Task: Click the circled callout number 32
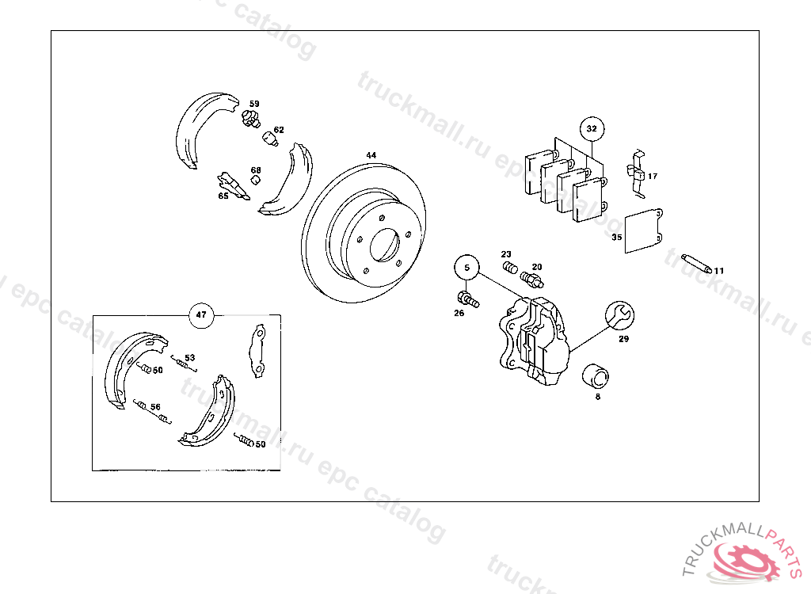[x=592, y=129]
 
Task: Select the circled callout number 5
[x=467, y=268]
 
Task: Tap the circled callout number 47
[x=201, y=314]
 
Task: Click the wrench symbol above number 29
[x=619, y=315]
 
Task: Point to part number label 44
[x=371, y=154]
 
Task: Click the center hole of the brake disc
[x=385, y=245]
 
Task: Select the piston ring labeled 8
[x=596, y=377]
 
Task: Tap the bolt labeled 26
[x=468, y=299]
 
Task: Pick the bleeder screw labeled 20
[x=531, y=280]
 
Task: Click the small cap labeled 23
[x=510, y=268]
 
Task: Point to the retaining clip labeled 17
[x=638, y=174]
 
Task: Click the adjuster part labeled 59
[x=250, y=119]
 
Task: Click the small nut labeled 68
[x=255, y=180]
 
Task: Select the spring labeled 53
[x=184, y=364]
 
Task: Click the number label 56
[x=155, y=407]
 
